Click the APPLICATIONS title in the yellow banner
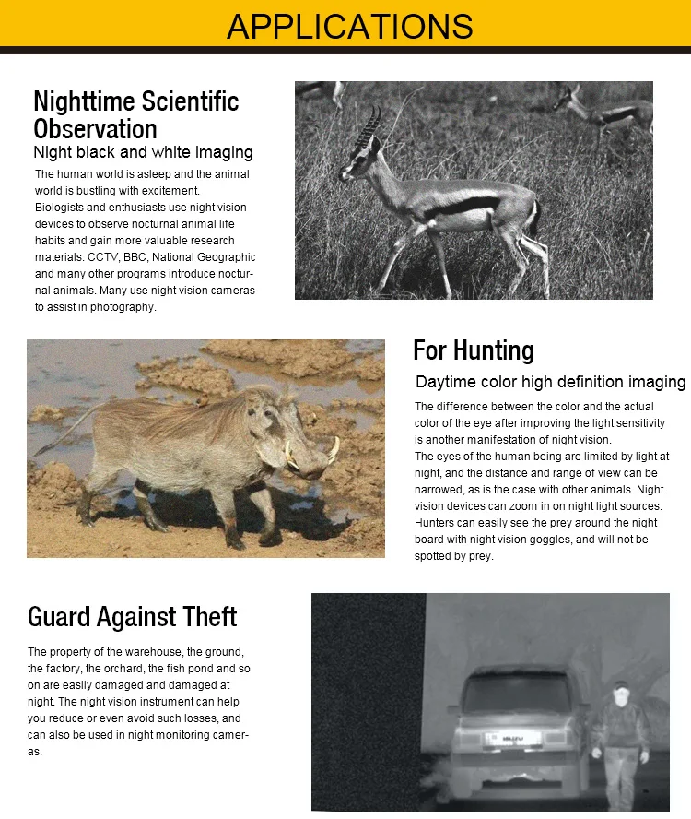(x=349, y=26)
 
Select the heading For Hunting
(x=473, y=350)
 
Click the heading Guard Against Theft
(x=132, y=616)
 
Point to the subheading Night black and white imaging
(x=143, y=152)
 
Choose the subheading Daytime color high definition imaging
(x=550, y=382)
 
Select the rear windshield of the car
(x=516, y=691)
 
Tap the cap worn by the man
(x=621, y=685)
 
